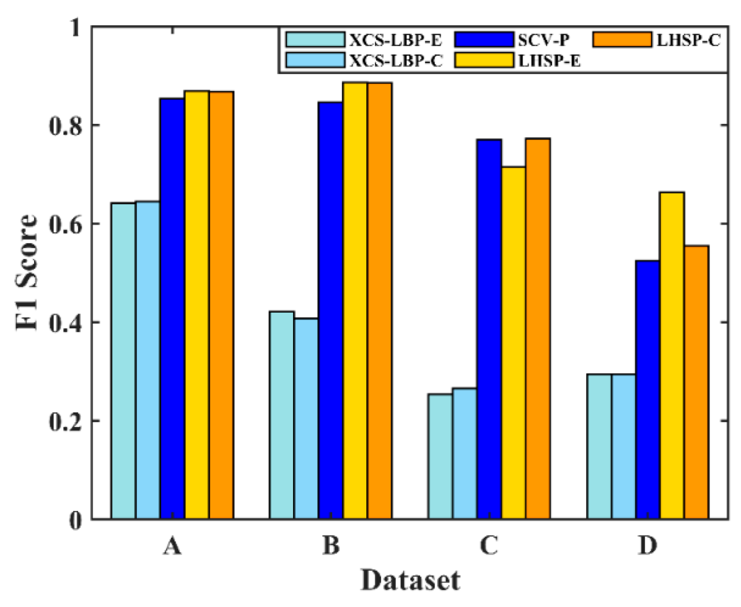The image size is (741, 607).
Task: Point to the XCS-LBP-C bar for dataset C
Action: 465,453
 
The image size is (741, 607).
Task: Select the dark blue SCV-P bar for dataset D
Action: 647,389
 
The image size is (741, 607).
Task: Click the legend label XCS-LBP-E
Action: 396,41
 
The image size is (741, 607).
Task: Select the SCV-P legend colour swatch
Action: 484,40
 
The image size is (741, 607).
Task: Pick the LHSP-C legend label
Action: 688,41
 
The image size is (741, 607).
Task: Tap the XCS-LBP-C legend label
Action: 396,61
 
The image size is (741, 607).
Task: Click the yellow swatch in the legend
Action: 484,60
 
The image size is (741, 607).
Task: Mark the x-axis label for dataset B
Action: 331,546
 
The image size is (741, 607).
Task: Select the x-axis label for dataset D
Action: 647,546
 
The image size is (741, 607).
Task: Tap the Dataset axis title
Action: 410,581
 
